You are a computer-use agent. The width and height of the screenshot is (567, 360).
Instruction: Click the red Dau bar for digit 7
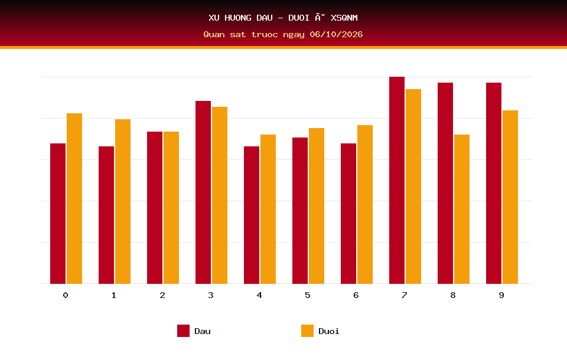coord(397,180)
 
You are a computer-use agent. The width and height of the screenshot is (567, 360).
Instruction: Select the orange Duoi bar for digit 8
coord(462,209)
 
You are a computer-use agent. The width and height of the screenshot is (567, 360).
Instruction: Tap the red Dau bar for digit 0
coord(58,214)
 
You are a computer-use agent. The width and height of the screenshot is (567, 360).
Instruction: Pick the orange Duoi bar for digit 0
coord(74,198)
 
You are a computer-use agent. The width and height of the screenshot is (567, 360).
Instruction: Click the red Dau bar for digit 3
coord(203,192)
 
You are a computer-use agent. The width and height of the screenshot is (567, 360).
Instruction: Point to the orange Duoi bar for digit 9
coord(510,197)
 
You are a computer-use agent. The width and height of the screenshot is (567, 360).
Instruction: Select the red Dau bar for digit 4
coord(252,215)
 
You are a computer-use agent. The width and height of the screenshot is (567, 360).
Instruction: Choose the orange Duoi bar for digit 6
coord(365,204)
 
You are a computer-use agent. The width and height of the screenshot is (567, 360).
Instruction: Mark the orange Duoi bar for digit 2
coord(171,208)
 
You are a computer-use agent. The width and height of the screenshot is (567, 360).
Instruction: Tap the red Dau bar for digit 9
coord(494,184)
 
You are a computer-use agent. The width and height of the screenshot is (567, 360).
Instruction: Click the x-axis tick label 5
coord(307,295)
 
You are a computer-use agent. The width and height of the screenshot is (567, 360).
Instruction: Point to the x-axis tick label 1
coord(114,295)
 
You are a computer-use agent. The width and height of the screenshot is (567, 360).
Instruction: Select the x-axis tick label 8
coord(453,295)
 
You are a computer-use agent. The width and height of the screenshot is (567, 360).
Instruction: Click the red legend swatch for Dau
coord(183,330)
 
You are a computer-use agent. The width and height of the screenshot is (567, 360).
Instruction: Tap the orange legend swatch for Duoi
coord(307,330)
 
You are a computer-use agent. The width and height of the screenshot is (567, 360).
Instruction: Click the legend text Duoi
coord(329,331)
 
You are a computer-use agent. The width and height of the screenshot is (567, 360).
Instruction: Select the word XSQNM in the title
coord(344,18)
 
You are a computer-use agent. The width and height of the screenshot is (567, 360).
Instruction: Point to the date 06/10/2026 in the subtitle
coord(336,34)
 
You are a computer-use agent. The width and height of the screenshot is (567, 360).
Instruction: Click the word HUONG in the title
coord(238,18)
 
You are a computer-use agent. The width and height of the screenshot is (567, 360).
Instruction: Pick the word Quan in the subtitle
coord(214,34)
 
